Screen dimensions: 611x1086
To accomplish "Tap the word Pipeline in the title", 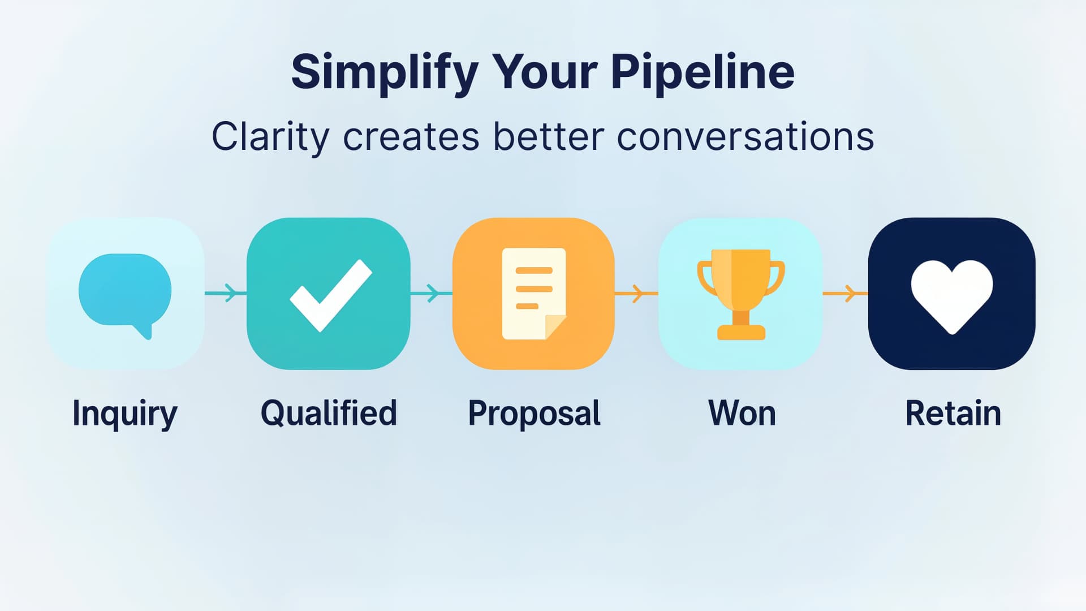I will point(703,72).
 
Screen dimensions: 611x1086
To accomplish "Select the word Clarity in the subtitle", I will point(270,137).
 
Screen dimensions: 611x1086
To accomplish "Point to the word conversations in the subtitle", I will point(745,137).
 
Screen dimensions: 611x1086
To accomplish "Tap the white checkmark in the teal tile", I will point(330,294).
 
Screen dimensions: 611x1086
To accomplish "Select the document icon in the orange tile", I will point(533,293).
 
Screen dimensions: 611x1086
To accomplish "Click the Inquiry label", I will point(125,414).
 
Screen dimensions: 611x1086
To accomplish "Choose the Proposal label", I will point(534,414).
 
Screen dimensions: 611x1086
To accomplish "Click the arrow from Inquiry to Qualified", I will point(226,293).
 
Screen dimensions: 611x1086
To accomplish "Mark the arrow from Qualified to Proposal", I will point(431,293).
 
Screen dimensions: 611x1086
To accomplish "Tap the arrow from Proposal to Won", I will point(636,294).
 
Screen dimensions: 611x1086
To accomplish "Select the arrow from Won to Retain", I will point(845,294).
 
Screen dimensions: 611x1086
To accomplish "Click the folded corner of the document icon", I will point(554,327).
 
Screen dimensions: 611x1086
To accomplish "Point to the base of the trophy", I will point(741,332).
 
